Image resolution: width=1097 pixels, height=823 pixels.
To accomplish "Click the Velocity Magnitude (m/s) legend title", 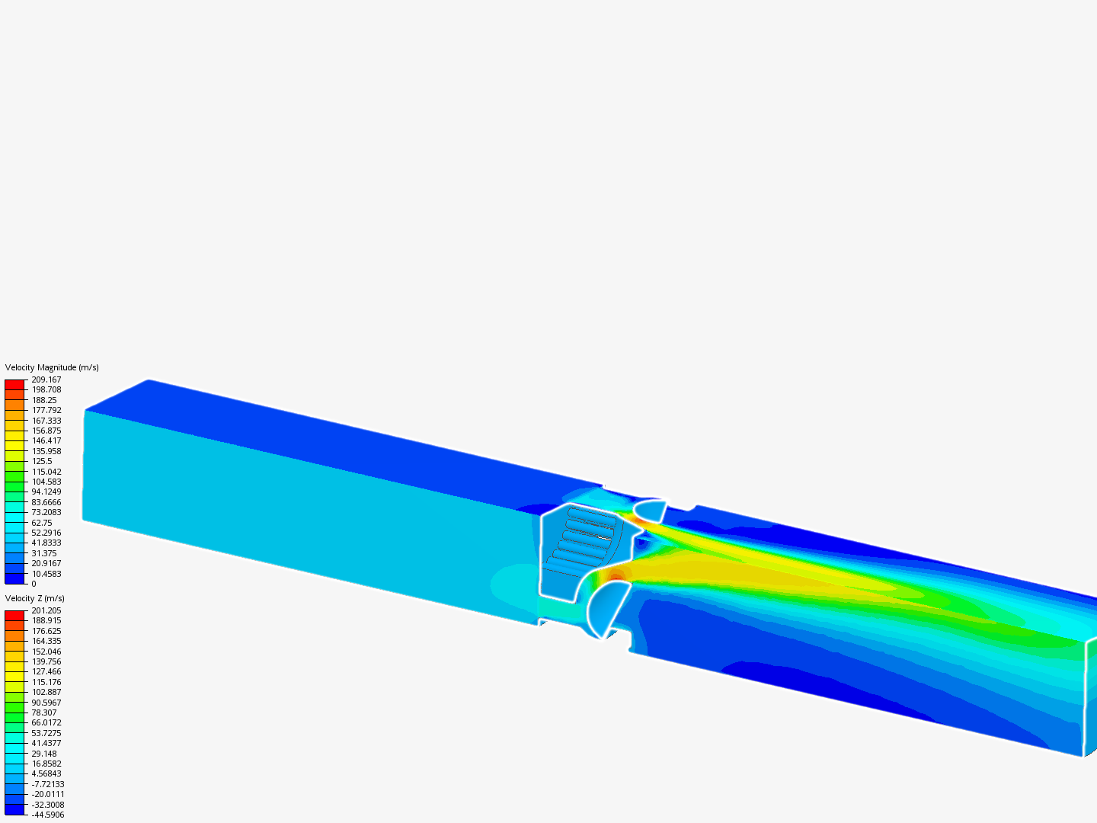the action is [x=52, y=367].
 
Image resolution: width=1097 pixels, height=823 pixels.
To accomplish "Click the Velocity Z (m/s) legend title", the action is [x=34, y=598].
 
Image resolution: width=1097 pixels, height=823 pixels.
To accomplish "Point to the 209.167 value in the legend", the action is [x=46, y=379].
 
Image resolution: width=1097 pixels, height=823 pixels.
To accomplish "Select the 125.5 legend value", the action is [x=41, y=461].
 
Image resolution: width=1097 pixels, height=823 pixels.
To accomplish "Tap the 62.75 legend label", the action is [x=41, y=523].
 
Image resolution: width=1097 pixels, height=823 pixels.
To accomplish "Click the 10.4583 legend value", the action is [x=46, y=574].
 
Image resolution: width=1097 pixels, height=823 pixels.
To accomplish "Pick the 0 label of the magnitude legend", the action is [x=34, y=584].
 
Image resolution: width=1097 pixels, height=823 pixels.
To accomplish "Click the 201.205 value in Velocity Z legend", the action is [x=46, y=610].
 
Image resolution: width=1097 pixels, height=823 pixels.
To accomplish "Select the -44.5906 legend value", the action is [x=47, y=815].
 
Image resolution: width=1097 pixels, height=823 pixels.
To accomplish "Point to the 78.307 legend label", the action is [x=44, y=713].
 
